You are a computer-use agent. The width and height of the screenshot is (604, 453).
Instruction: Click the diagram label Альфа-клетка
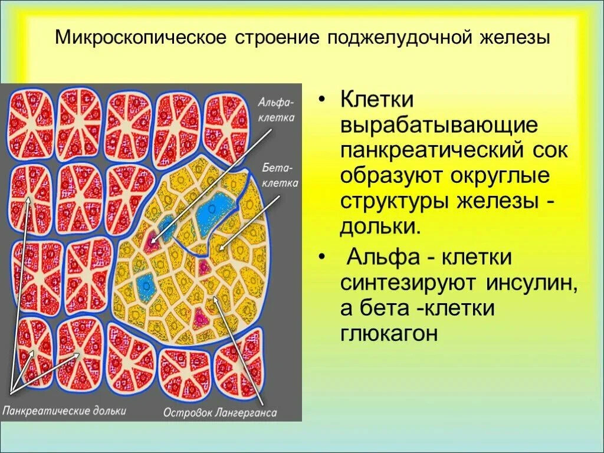coord(276,110)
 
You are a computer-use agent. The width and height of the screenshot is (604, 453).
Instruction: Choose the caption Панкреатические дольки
coord(64,411)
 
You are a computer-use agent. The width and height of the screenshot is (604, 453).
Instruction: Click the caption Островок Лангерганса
coord(220,412)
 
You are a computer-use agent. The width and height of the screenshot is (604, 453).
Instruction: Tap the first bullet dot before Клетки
coord(322,100)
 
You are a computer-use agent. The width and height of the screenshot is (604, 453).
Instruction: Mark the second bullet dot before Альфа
coord(322,258)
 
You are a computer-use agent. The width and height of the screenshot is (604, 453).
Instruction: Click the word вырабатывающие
coord(438,125)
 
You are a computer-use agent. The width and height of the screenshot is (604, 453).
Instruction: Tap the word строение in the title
coord(277,38)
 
